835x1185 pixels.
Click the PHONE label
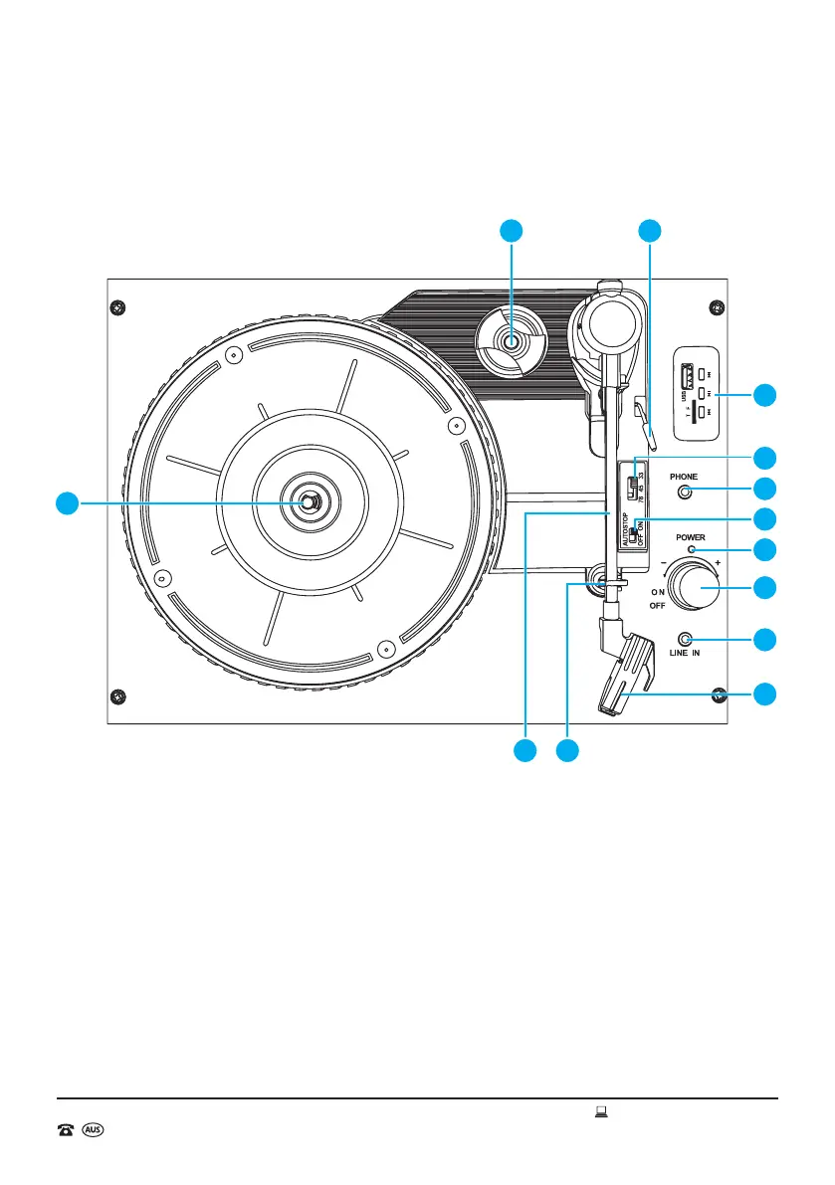[684, 477]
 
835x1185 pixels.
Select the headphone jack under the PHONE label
[685, 492]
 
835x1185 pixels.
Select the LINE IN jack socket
[685, 639]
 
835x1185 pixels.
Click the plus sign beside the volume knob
[719, 563]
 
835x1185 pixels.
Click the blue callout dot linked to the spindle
[67, 502]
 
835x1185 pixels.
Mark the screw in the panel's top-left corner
[117, 305]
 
